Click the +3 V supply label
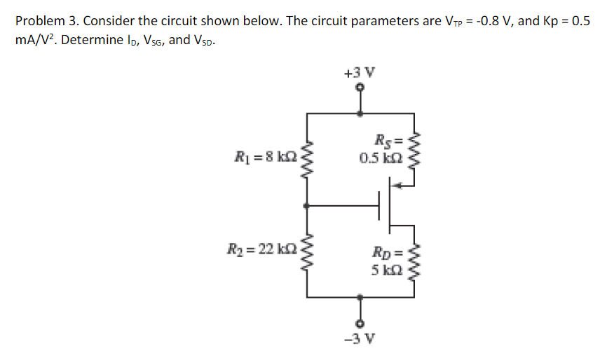click(360, 72)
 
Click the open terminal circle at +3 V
click(360, 88)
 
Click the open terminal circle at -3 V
click(360, 324)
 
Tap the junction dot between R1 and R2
click(305, 206)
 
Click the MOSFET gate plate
click(380, 206)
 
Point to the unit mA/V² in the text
click(33, 40)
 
